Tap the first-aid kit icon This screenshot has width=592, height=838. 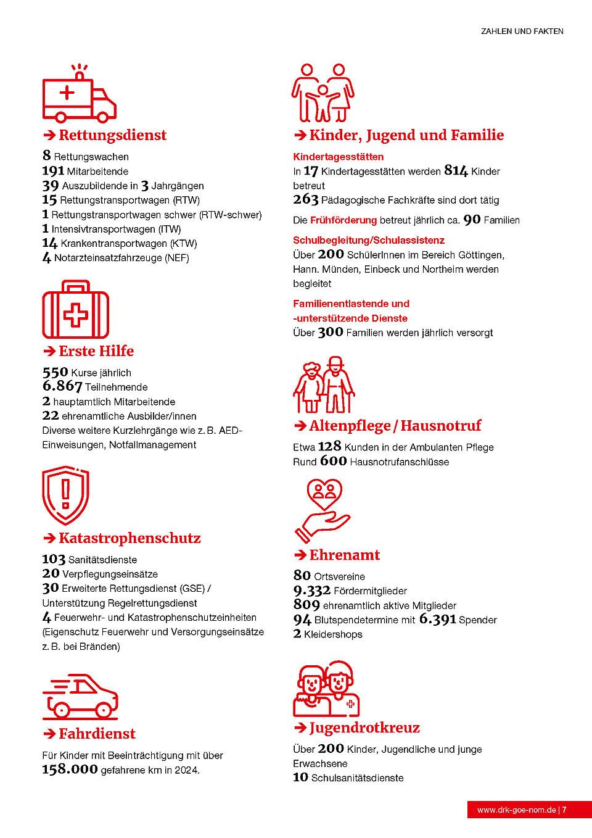tap(75, 310)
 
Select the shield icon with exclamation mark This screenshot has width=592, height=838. tap(65, 496)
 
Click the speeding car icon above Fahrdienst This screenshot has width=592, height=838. tap(80, 697)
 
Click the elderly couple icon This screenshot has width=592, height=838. tap(324, 385)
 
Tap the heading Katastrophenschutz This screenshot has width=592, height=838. tap(129, 538)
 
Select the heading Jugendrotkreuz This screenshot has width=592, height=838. tap(364, 728)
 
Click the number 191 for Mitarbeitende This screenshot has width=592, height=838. tap(53, 172)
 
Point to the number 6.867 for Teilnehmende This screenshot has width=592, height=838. tap(62, 386)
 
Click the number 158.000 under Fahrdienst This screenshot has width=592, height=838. tap(70, 770)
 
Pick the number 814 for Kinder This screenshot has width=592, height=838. tap(456, 171)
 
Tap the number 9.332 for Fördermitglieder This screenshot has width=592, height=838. tap(311, 591)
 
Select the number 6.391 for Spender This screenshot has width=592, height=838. tap(437, 620)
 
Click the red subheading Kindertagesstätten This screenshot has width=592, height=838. tap(338, 157)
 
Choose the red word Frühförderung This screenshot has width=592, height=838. tap(343, 220)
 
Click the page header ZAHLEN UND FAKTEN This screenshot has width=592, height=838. tap(522, 31)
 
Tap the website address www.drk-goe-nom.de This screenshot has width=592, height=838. tap(516, 810)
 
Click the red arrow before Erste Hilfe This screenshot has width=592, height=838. tap(49, 352)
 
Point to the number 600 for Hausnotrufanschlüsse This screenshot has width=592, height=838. tap(333, 462)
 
